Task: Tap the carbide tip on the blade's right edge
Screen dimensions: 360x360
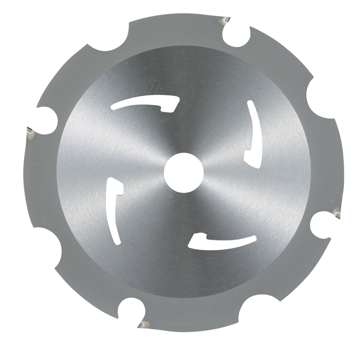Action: pyautogui.click(x=336, y=212)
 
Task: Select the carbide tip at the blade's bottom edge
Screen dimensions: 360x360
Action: pyautogui.click(x=145, y=324)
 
